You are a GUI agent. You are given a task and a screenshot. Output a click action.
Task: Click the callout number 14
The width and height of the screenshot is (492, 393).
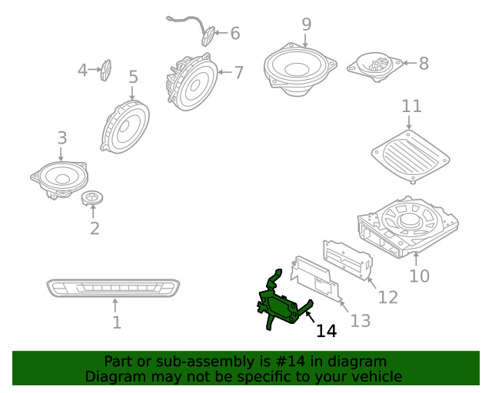pyautogui.click(x=327, y=331)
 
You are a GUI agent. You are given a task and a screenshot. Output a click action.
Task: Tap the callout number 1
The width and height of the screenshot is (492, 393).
pyautogui.click(x=116, y=323)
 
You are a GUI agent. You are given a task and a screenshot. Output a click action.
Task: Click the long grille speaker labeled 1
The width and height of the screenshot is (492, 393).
pyautogui.click(x=115, y=288)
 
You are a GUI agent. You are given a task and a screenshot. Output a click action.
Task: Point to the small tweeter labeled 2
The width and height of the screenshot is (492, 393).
pyautogui.click(x=92, y=199)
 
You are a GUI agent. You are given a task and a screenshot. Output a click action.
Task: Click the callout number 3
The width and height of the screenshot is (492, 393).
pyautogui.click(x=62, y=138)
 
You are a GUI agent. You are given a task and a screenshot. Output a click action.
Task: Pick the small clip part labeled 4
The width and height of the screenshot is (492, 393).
pyautogui.click(x=107, y=70)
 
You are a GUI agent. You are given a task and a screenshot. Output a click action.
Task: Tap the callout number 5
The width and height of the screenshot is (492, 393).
pyautogui.click(x=133, y=77)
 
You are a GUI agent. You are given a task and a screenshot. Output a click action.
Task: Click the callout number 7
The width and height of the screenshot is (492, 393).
pyautogui.click(x=238, y=73)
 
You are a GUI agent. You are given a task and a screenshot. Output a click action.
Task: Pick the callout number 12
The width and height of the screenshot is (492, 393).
pyautogui.click(x=388, y=296)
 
